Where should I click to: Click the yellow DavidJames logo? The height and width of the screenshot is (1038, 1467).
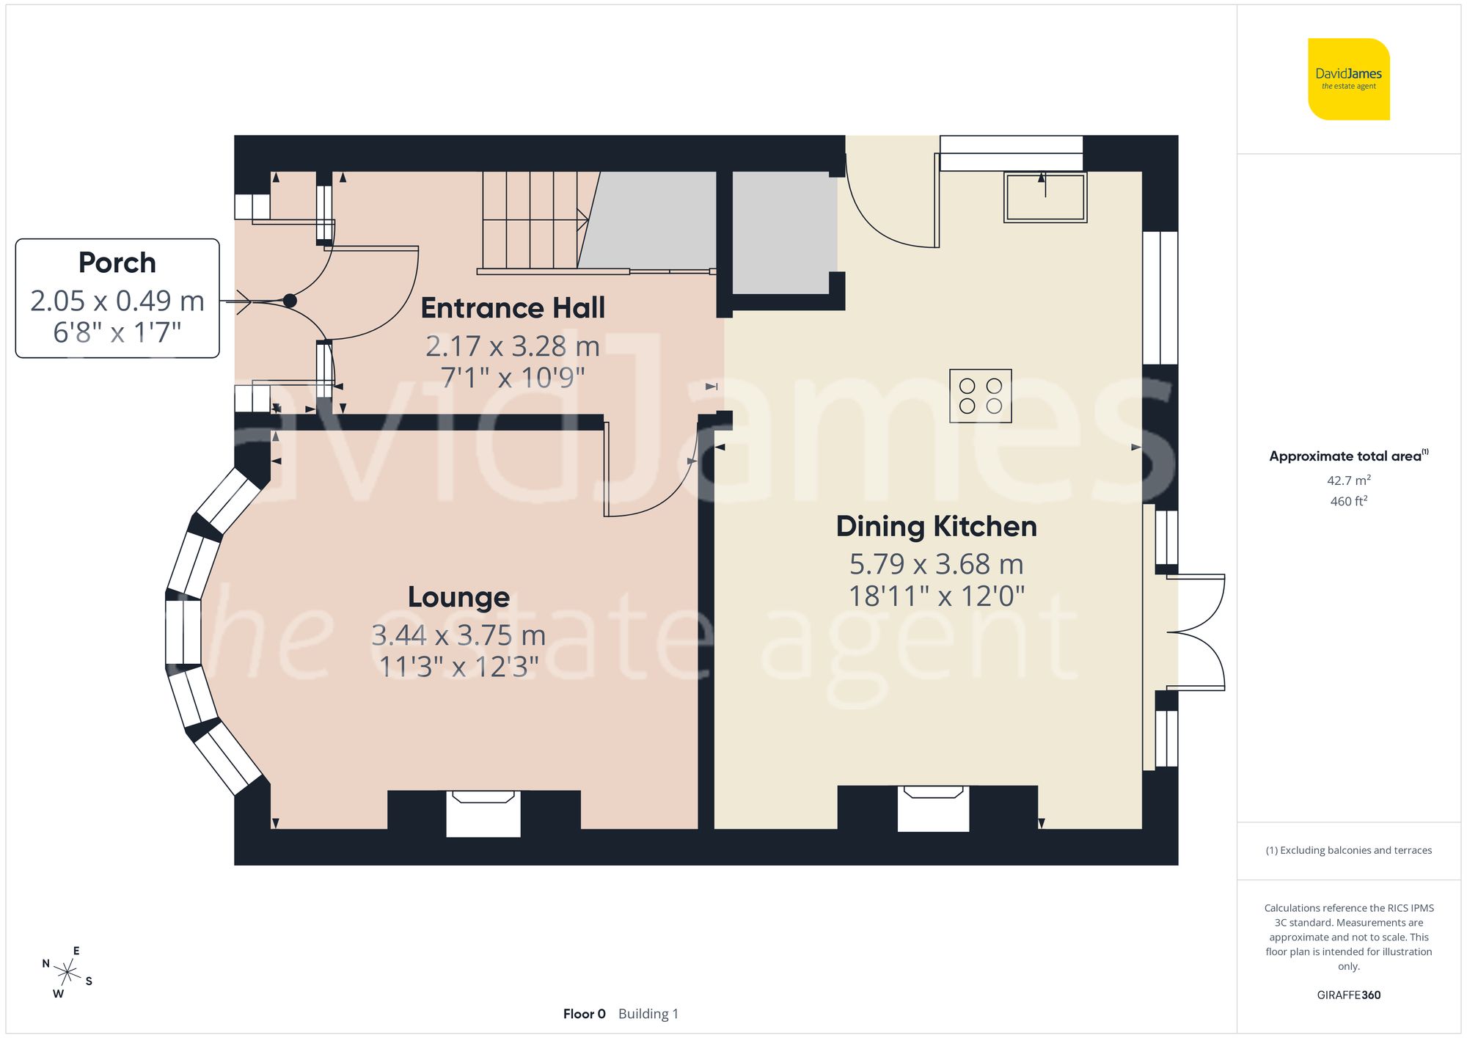[1348, 79]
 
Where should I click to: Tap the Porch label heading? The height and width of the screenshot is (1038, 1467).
[117, 263]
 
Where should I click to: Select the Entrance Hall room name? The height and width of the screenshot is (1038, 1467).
[513, 308]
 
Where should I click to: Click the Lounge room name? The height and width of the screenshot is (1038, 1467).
[458, 597]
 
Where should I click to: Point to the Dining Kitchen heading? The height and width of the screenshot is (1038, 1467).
[936, 527]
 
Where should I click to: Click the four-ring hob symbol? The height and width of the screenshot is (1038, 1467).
[980, 396]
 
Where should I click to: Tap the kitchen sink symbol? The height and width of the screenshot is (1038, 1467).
[1045, 197]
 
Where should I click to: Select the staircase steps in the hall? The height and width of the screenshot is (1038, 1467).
[530, 220]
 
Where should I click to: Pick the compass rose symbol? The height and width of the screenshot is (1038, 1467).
[67, 973]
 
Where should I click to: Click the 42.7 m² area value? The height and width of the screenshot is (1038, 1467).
[1348, 480]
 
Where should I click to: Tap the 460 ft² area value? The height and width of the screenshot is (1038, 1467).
[1348, 501]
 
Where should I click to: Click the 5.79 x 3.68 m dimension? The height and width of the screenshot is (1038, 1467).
[936, 564]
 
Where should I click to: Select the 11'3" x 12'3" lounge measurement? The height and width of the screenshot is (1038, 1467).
[458, 667]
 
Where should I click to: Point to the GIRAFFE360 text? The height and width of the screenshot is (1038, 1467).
[1348, 995]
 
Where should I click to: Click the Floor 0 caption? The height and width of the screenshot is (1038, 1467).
[584, 1014]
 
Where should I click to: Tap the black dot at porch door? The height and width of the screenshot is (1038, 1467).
[290, 301]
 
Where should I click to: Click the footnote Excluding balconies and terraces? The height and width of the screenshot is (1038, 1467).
[1348, 850]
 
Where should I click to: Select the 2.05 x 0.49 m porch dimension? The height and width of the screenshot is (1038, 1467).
[117, 301]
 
